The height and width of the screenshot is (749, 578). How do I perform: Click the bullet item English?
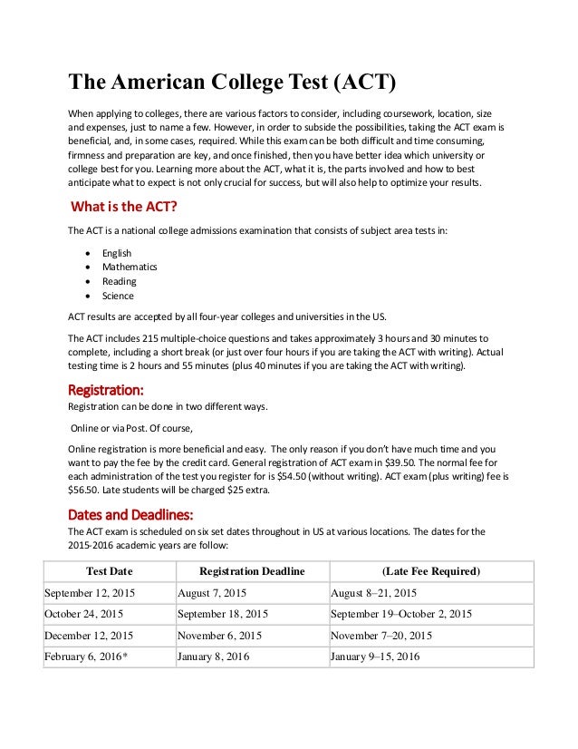coord(116,253)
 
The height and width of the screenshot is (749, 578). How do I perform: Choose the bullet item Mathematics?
coord(130,267)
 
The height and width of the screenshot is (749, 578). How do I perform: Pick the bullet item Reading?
coord(119,281)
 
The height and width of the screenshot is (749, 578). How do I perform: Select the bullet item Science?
coord(118,296)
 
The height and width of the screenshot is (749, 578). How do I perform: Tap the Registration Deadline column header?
coord(251,571)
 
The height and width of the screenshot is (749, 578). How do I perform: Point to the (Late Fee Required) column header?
coord(430,571)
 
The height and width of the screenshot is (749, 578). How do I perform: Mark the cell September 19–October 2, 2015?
coord(401,614)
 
